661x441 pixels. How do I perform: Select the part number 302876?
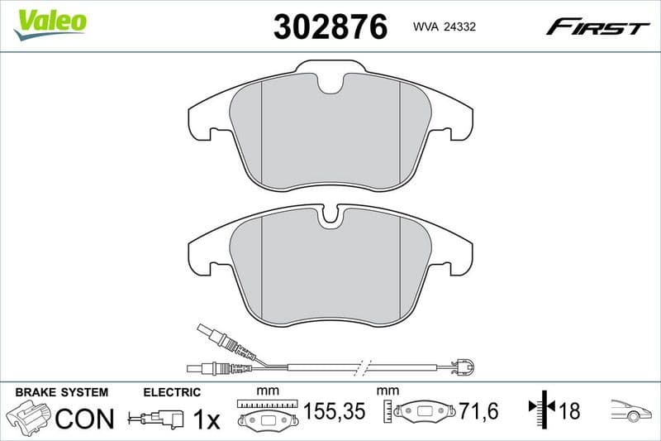[330, 26]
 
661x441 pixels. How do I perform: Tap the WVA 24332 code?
[443, 27]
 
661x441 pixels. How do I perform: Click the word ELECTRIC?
[172, 391]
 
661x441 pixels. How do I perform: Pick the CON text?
[83, 419]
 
